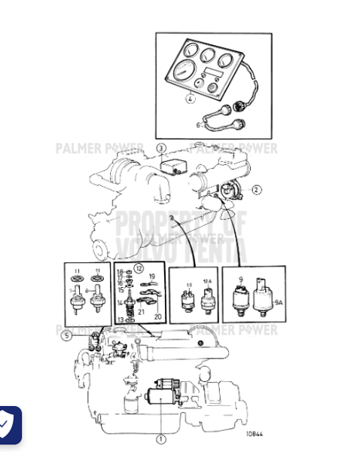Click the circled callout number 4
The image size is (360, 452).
(191, 99)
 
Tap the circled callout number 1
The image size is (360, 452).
(160, 438)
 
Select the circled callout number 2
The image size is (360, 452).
(256, 190)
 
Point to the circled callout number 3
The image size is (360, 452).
(160, 148)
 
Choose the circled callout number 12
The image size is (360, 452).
(139, 268)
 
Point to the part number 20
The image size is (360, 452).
(157, 316)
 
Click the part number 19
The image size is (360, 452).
(151, 276)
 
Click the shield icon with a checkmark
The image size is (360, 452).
(6, 426)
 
